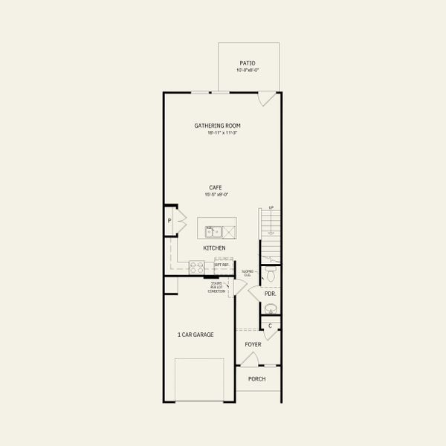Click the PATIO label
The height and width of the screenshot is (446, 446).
(x=248, y=63)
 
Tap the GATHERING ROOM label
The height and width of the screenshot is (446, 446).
(x=217, y=126)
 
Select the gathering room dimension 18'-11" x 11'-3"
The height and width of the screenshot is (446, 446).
(x=217, y=133)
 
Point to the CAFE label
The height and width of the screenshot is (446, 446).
(x=216, y=187)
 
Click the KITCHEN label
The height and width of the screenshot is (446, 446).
(x=214, y=248)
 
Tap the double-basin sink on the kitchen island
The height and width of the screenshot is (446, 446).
(x=212, y=231)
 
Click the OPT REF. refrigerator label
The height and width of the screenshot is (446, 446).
(x=222, y=264)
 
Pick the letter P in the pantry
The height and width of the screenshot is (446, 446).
(x=169, y=221)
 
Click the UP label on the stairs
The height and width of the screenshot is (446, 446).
(x=271, y=208)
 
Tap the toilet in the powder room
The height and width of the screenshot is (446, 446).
(x=272, y=276)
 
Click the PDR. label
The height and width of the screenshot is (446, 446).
(x=271, y=294)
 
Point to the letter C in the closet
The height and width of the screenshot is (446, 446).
(x=271, y=326)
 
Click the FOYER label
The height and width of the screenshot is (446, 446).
(x=253, y=345)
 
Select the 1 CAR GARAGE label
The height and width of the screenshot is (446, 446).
(x=195, y=335)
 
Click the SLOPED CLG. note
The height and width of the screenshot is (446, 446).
(x=247, y=273)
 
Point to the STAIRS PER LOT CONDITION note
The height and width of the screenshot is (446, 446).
(x=216, y=287)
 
